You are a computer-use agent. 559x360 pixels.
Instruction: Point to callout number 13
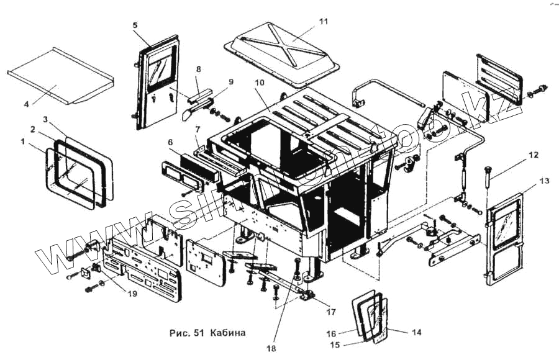pos(544,181)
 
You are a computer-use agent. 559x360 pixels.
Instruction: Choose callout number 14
pos(417,332)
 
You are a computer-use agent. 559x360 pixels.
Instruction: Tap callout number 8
pos(199,69)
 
